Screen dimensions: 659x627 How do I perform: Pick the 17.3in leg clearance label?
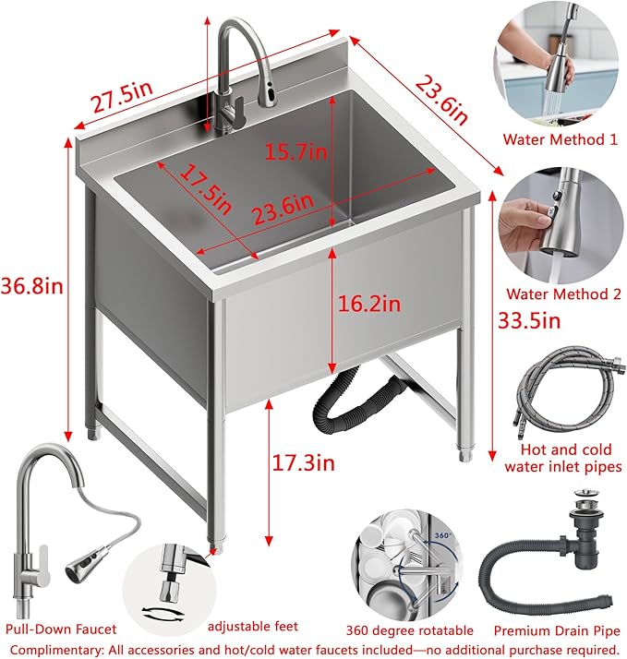click(304, 463)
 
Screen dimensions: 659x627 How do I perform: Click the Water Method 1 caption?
click(560, 140)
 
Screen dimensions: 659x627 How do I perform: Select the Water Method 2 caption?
click(561, 294)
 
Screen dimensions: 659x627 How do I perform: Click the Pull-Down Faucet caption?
click(61, 629)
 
